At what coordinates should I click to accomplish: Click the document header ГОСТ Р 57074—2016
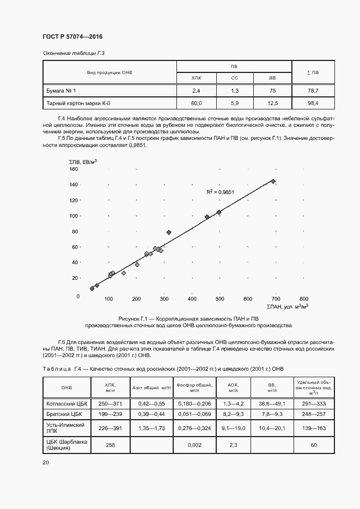click(72, 36)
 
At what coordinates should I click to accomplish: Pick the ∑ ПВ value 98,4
click(313, 103)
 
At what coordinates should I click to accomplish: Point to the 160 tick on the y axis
click(74, 169)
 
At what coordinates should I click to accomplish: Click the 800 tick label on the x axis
click(303, 299)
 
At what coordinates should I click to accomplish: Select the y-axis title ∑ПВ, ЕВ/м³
click(83, 161)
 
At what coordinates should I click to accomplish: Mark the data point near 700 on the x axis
click(273, 181)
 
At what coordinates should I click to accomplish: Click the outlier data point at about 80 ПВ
click(169, 232)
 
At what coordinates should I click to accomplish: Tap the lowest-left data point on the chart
click(92, 289)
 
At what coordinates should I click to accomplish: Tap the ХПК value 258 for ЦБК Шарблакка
click(110, 445)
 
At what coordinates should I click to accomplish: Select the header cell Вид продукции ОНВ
click(109, 72)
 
